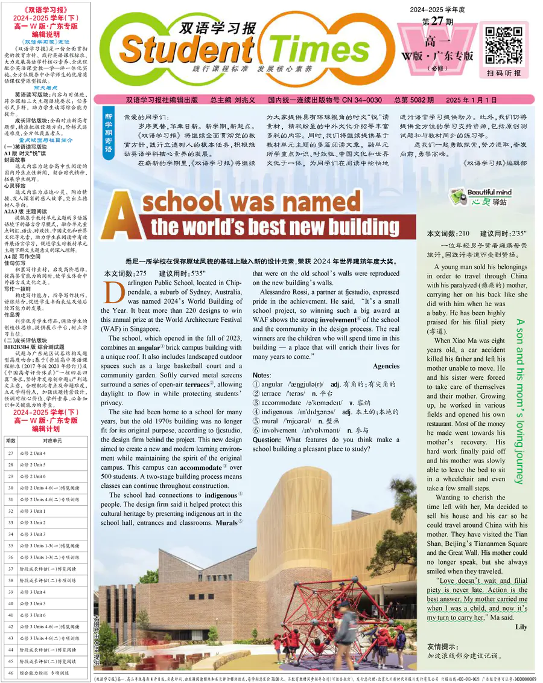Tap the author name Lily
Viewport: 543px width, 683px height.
[521, 627]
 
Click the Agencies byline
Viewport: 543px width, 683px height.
[386, 349]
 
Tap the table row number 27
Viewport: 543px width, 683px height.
[11, 453]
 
